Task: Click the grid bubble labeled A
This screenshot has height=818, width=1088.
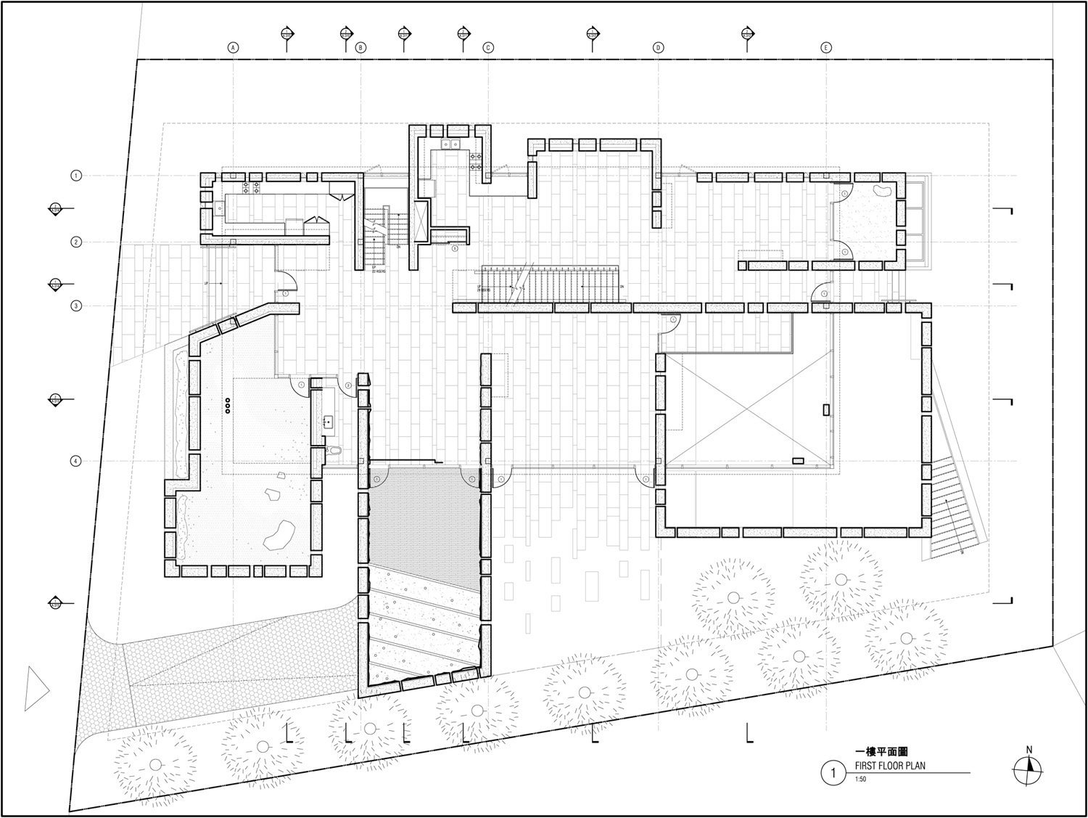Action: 233,47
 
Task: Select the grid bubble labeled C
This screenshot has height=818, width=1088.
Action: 488,47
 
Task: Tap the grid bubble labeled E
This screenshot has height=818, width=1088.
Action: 826,47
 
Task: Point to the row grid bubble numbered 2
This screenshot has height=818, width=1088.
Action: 76,242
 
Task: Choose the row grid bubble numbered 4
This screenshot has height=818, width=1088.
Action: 76,461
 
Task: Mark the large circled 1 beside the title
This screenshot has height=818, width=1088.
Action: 834,773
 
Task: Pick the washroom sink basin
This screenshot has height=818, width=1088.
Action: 327,420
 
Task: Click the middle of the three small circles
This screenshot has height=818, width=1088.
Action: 228,406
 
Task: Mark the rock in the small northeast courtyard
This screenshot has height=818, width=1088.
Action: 881,192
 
